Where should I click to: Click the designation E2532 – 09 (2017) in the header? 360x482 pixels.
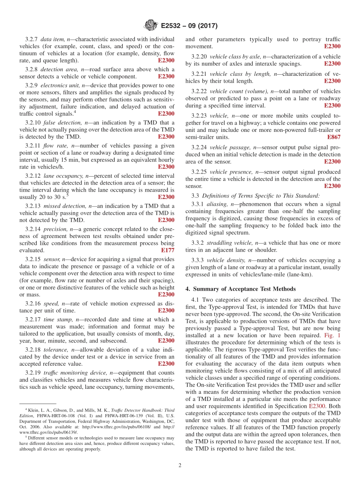coord(189,26)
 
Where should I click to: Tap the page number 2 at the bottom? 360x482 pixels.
coord(180,465)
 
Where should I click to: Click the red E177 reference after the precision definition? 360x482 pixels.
coord(167,250)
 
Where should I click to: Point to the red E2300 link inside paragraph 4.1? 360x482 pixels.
coord(317,406)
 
